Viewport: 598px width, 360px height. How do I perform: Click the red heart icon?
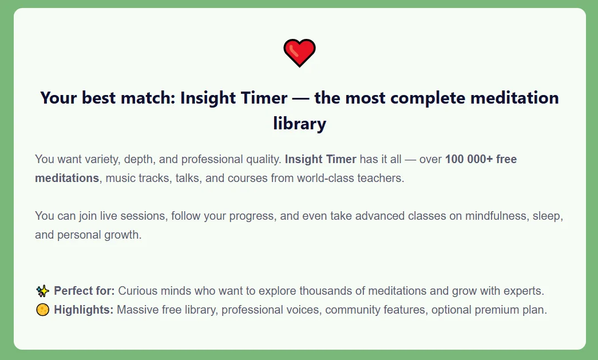[x=299, y=53]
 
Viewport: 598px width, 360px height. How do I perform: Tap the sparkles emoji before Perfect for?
[x=42, y=291]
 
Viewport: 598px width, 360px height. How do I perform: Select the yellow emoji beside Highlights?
[x=42, y=311]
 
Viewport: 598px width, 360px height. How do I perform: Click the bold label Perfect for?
[x=84, y=291]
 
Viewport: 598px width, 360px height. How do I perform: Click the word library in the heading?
[x=299, y=124]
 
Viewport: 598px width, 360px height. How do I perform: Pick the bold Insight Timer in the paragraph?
[x=320, y=159]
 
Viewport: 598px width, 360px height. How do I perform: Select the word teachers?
[x=383, y=178]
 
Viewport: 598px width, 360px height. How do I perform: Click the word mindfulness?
[x=497, y=216]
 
